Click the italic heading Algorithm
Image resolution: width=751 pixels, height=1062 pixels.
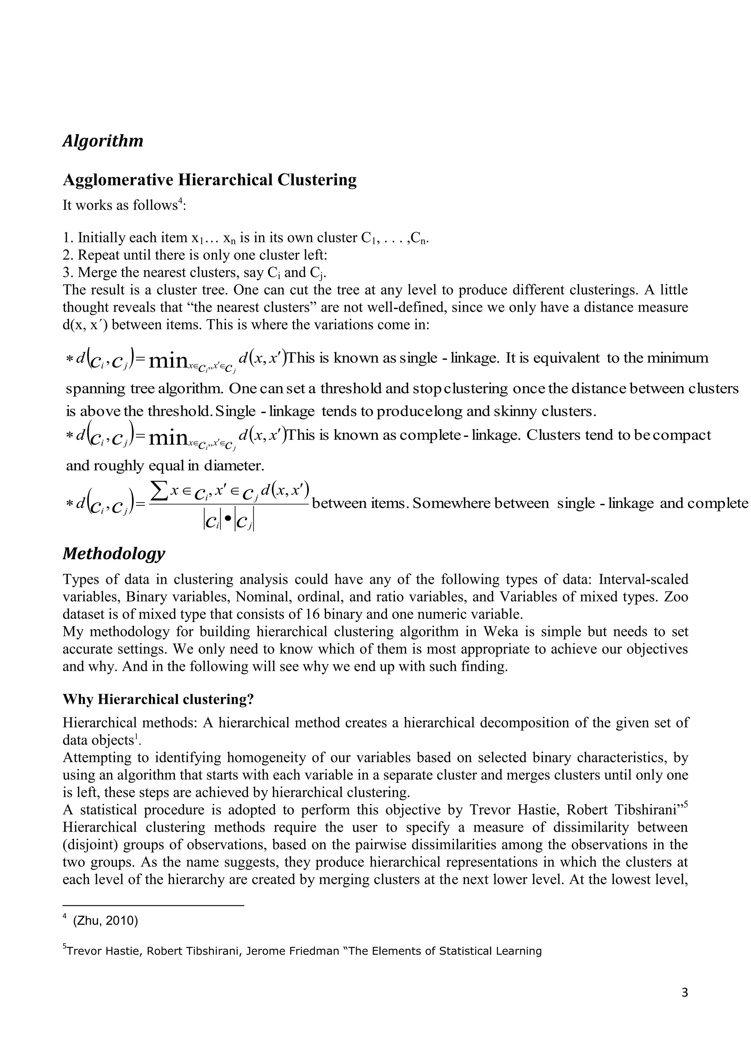pos(103,140)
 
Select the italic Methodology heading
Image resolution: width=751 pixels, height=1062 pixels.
pos(113,553)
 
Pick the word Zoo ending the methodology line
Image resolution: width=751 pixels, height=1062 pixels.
pos(676,597)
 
